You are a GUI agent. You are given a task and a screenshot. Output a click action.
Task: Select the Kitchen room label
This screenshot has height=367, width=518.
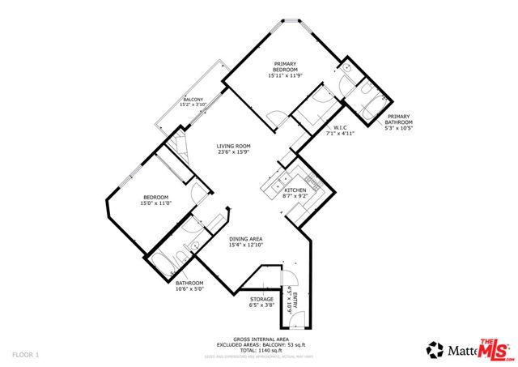click(295, 190)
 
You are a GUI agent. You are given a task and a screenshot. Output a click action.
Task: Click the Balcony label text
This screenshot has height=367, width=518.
click(193, 100)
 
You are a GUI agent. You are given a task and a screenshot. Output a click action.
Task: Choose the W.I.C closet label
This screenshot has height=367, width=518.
click(341, 127)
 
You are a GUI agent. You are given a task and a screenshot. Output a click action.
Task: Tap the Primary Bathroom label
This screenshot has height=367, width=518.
click(399, 119)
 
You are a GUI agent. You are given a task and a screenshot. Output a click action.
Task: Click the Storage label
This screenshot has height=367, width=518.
click(261, 300)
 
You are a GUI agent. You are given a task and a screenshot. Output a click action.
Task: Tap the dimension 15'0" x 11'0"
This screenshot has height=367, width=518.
click(155, 204)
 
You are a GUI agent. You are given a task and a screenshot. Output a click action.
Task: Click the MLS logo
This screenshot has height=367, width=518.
click(495, 349)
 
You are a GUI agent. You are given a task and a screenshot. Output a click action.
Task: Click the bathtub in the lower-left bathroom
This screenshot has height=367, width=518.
click(161, 262)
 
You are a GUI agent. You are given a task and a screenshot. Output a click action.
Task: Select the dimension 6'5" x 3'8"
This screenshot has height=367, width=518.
click(261, 306)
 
